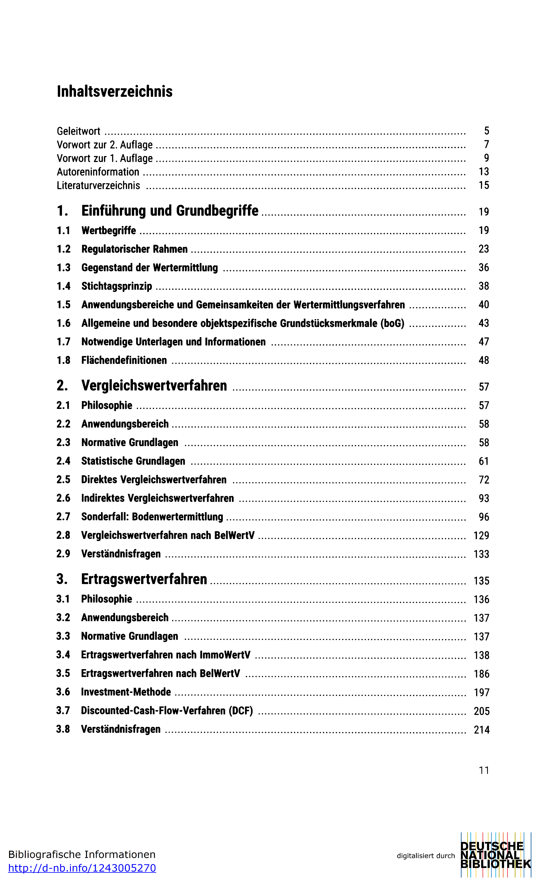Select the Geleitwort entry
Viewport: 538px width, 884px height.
(79, 131)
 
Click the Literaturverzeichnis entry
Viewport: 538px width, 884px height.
(98, 185)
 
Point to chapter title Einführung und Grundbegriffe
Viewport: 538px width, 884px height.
(170, 211)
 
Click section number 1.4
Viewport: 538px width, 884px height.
(64, 286)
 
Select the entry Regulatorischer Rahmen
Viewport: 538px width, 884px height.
(134, 249)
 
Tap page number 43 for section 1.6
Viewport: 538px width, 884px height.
(483, 323)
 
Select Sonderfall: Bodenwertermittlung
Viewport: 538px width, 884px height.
(152, 517)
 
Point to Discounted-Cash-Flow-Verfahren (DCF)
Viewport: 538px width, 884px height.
(167, 711)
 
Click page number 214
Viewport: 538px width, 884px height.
(481, 730)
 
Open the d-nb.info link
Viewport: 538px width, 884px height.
(82, 868)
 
